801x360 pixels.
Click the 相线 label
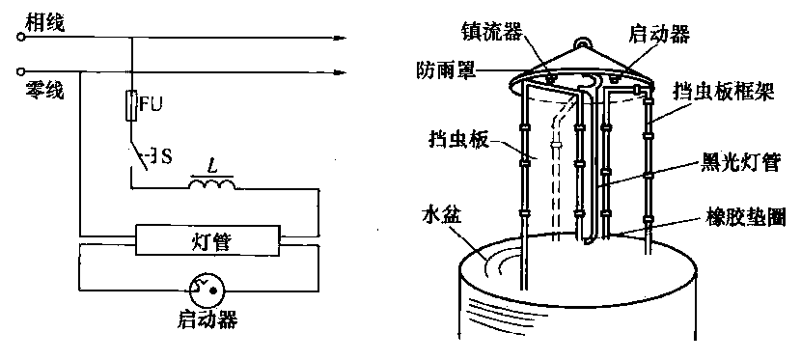tap(45, 23)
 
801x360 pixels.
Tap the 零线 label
tap(44, 91)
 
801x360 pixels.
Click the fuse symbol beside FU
tap(132, 105)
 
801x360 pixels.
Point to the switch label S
tap(166, 157)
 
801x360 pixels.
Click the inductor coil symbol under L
tap(212, 183)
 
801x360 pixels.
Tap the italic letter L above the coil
tap(210, 166)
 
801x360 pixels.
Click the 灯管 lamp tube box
tap(207, 239)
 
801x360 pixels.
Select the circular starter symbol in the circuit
tap(207, 291)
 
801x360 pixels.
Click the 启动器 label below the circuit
tap(207, 320)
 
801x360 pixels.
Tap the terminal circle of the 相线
tap(20, 37)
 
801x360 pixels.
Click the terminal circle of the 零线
tap(20, 71)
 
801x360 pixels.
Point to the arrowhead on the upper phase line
tap(340, 38)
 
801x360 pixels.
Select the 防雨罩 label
tap(446, 69)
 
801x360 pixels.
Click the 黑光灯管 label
tap(738, 164)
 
